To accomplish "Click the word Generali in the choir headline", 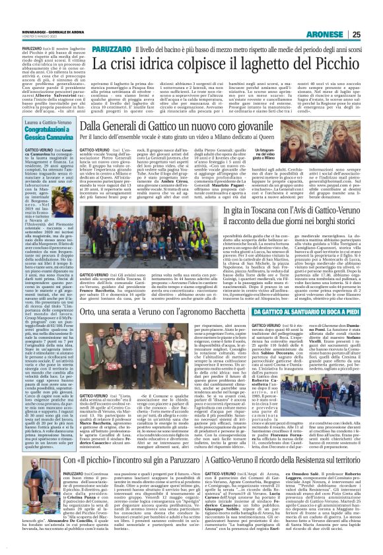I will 125,124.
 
